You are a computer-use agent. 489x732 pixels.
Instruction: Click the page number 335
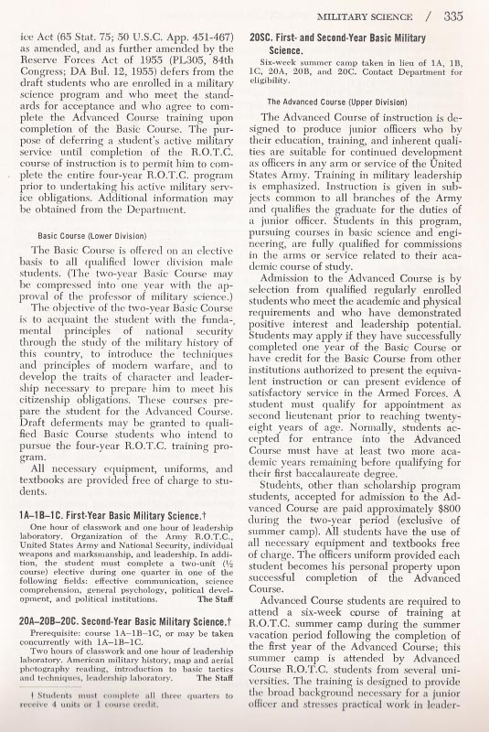click(463, 16)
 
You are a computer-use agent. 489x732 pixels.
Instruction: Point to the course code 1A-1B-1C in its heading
click(45, 517)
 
